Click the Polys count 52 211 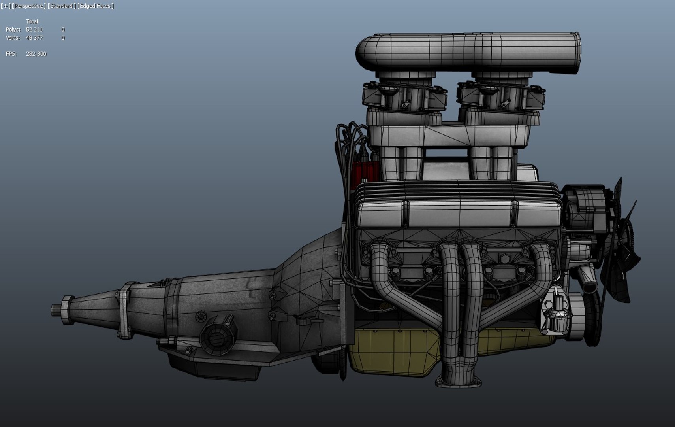[34, 30]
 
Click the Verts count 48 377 [34, 38]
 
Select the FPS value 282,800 [36, 54]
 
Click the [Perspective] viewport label [28, 6]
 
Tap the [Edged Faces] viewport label [95, 6]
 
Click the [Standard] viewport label [62, 6]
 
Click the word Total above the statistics [32, 21]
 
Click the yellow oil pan [395, 352]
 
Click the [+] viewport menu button [6, 6]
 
